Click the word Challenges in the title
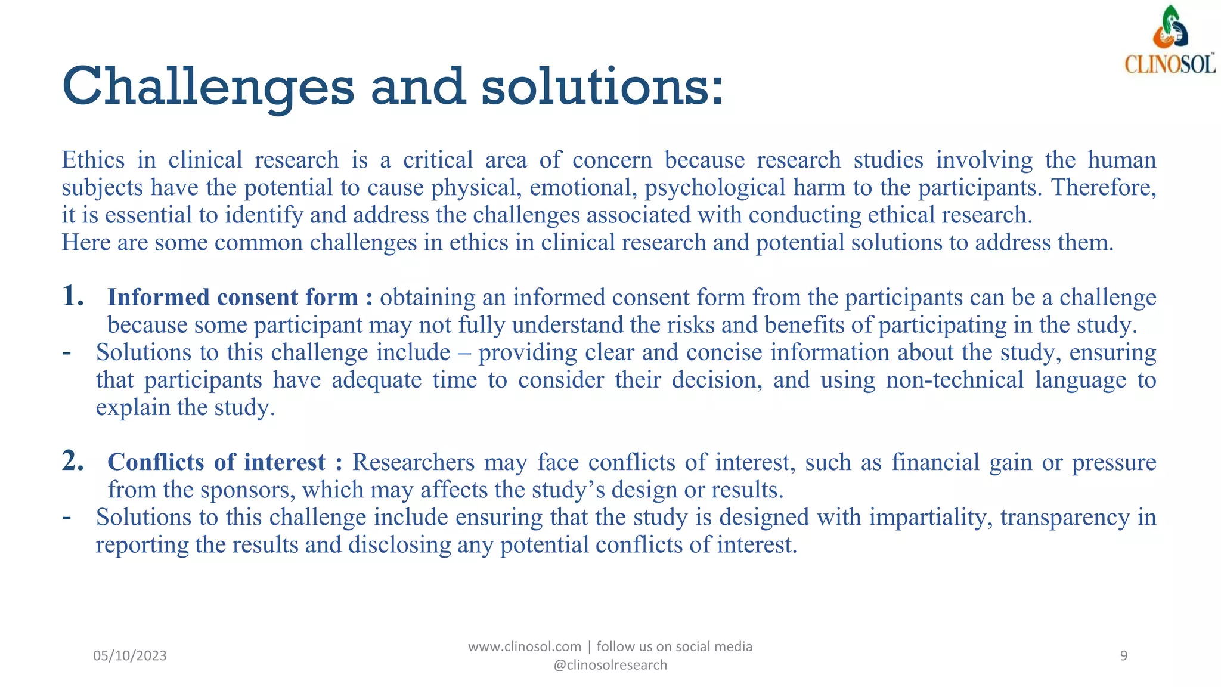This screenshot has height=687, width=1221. (x=207, y=87)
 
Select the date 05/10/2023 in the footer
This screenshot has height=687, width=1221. (x=130, y=655)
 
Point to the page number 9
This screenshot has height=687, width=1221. (x=1123, y=655)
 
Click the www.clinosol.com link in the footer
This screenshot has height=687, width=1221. (x=524, y=646)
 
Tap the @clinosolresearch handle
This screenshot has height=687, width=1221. (x=610, y=665)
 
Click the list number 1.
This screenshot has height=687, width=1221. (x=73, y=296)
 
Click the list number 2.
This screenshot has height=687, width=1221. (x=73, y=461)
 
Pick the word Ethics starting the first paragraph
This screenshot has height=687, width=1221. (x=93, y=160)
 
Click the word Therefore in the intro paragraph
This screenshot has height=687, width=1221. (x=1103, y=187)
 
